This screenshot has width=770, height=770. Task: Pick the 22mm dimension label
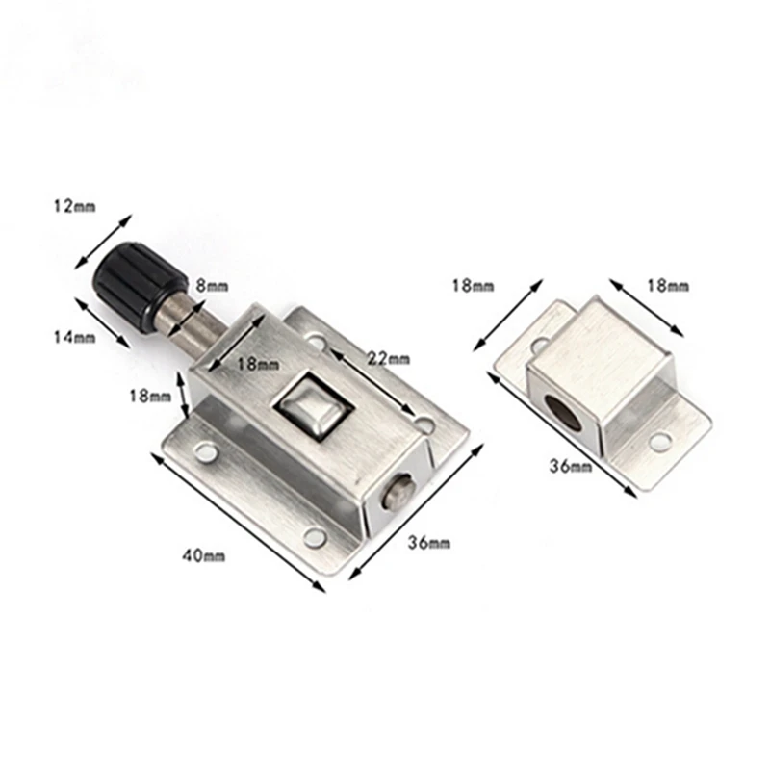(x=389, y=358)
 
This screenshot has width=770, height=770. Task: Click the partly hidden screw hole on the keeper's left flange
(x=536, y=343)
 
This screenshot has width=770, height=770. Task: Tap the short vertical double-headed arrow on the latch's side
(x=178, y=394)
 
